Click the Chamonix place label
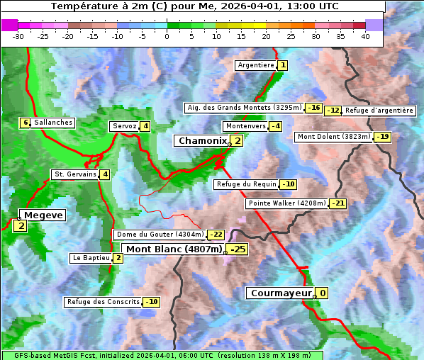pos(201,141)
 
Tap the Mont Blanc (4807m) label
pos(173,249)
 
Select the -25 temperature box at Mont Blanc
pos(237,249)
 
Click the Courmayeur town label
pos(281,293)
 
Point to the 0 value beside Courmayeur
pos(322,293)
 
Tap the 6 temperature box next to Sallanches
pos(26,123)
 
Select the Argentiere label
pos(256,65)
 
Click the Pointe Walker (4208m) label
pos(286,203)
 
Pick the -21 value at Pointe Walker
pos(337,203)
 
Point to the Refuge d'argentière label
pos(379,111)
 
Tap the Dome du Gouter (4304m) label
pos(160,235)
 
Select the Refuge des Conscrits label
pos(103,302)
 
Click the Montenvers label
pos(245,126)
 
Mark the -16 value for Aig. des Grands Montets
pos(313,108)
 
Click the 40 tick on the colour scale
pos(365,36)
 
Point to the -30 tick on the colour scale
pos(18,36)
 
